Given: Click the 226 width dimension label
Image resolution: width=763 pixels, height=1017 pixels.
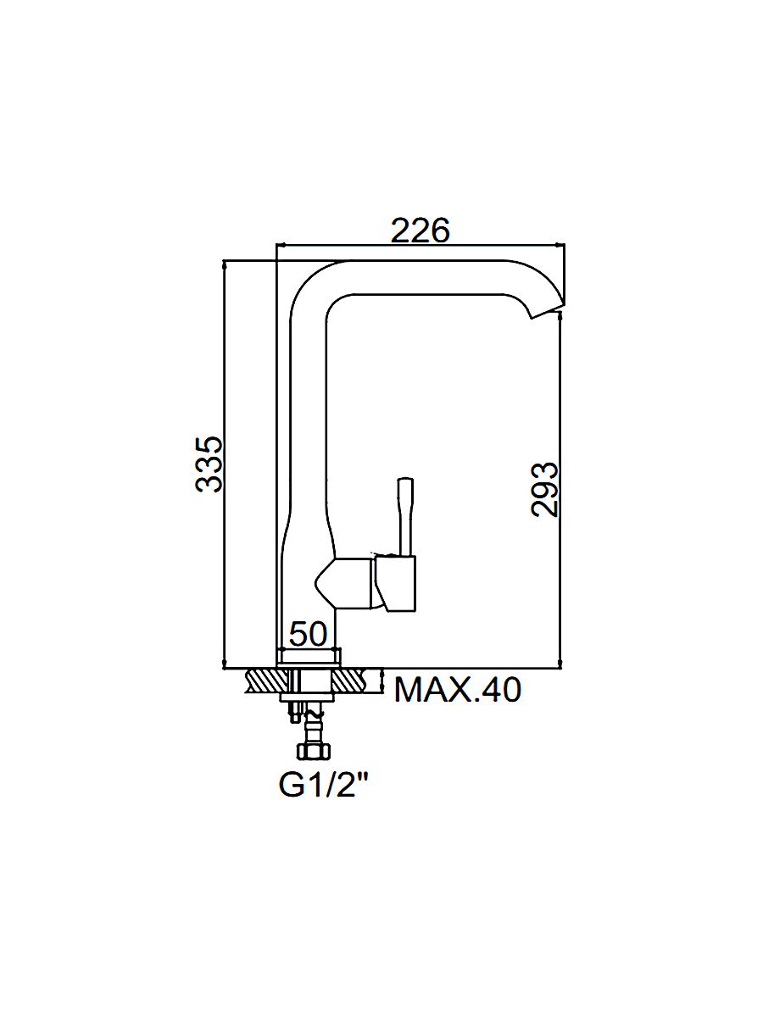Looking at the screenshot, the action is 420,231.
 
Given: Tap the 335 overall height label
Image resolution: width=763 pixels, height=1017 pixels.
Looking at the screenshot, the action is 209,464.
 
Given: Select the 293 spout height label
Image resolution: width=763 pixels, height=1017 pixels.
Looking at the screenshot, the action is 545,489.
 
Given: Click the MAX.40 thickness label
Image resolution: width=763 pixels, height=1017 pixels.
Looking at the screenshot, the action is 458,691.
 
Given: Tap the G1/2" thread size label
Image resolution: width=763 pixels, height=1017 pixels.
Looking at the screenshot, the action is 325,785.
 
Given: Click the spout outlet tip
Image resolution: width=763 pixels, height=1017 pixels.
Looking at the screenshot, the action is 548,311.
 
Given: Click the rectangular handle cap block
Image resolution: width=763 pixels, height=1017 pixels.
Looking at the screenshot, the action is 396,584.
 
